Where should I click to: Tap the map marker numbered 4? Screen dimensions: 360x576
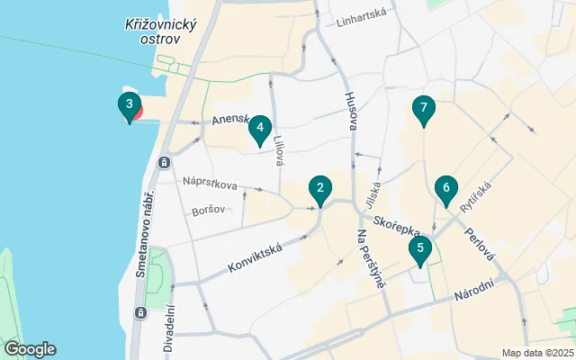(259, 130)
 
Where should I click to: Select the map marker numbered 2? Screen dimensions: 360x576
(319, 189)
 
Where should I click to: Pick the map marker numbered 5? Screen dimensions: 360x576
(418, 248)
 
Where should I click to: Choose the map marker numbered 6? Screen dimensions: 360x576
(444, 188)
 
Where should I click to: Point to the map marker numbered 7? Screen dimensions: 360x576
(423, 109)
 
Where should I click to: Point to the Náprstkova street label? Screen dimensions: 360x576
(210, 184)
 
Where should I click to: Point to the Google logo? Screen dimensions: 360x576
(30, 349)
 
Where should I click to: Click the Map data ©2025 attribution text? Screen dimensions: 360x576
(536, 353)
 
